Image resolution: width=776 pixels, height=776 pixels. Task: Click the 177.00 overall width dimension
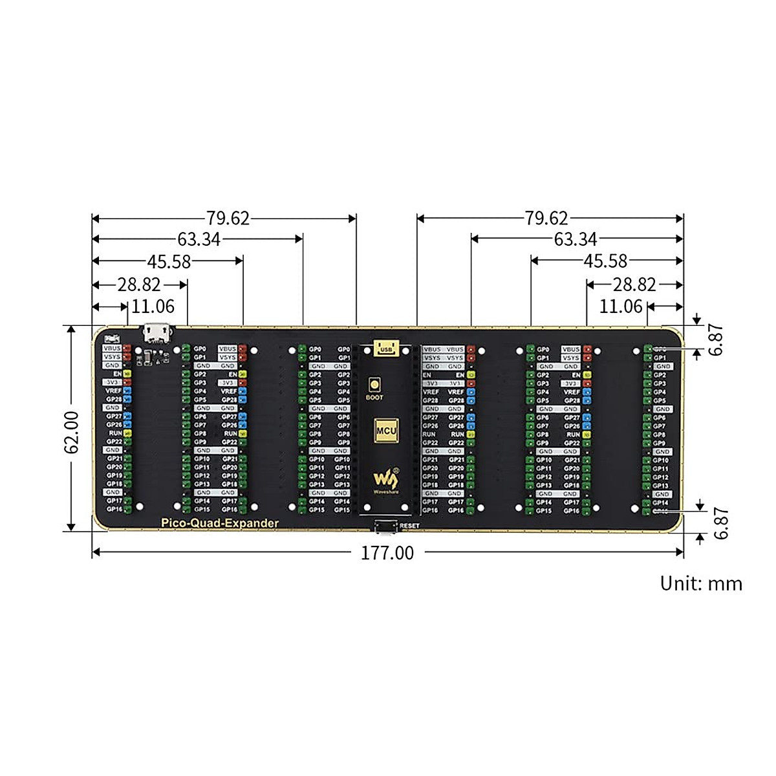coord(387,553)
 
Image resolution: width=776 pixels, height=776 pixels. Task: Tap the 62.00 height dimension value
coord(72,431)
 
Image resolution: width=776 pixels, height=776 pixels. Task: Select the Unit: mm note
coord(701,583)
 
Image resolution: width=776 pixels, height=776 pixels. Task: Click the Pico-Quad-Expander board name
coord(220,523)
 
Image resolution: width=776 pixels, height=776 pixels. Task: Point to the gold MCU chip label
coord(386,430)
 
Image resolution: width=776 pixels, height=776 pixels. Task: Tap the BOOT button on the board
coord(374,385)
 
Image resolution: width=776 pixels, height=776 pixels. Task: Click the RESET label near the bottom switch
coord(409,526)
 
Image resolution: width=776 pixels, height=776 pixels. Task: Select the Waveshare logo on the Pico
coord(386,480)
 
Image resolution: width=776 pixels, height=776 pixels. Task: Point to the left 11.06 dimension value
coord(153,306)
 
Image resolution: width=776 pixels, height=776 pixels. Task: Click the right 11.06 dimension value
coord(621,306)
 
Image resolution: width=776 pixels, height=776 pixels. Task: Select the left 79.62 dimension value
coord(228,218)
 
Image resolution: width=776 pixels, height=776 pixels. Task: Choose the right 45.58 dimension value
coord(605,261)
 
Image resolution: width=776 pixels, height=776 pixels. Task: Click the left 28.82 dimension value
coord(139,285)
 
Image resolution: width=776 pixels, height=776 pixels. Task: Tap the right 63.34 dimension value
coord(575,239)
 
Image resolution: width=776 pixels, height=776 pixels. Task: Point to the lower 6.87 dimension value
coord(720,523)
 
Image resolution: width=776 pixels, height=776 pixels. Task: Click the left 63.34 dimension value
coord(199,239)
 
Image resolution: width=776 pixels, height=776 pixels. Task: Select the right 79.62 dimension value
coord(546,218)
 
